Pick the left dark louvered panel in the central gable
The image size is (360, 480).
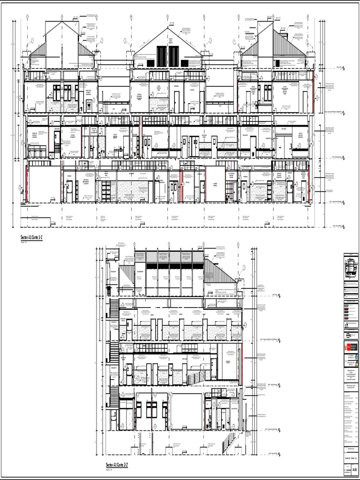(x=161, y=56)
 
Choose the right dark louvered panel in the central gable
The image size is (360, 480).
(x=173, y=56)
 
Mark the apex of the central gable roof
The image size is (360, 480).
(x=168, y=27)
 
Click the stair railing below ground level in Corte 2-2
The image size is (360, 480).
(x=228, y=442)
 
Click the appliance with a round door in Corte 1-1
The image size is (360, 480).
(x=88, y=104)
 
